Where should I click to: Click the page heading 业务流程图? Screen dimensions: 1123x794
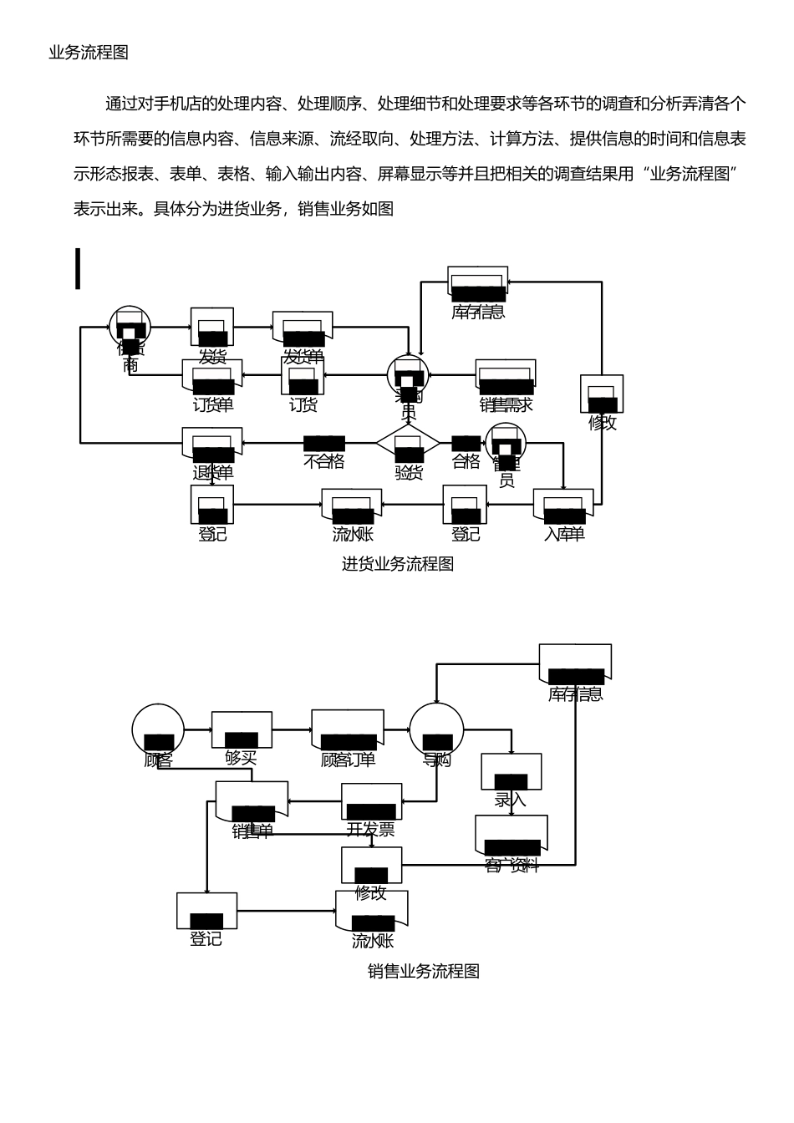pos(89,53)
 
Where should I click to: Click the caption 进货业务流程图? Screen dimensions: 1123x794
pos(397,563)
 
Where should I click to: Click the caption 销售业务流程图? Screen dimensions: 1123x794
pos(423,971)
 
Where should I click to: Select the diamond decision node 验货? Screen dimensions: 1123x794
pos(407,442)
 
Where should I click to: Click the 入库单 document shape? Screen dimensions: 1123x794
pos(564,507)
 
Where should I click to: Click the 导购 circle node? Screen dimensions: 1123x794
pos(436,730)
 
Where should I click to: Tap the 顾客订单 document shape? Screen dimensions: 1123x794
pos(348,730)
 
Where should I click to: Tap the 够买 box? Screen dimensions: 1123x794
pos(242,730)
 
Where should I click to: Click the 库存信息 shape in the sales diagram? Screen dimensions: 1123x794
pos(575,663)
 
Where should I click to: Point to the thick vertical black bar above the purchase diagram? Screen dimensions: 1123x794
pos(78,268)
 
